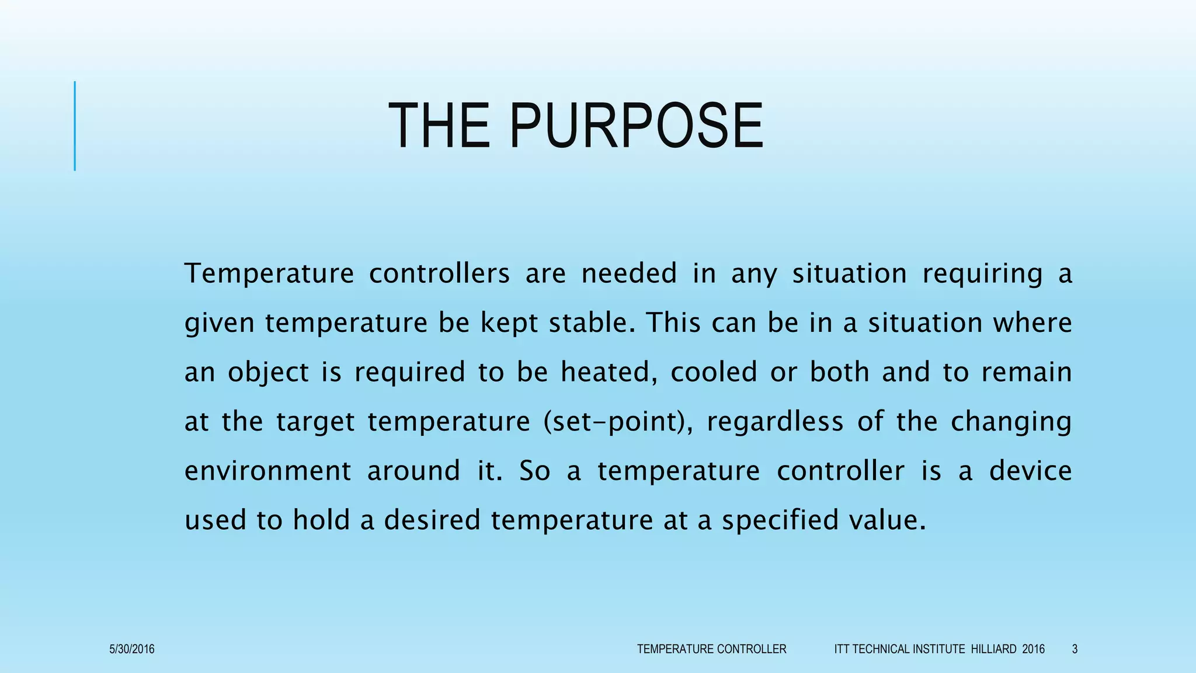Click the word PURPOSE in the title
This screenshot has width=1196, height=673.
[636, 126]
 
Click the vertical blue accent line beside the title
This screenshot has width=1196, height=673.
[75, 126]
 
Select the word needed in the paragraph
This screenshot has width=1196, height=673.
[629, 273]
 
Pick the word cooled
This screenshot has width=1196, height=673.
[714, 372]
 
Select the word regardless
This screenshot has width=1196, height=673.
[775, 421]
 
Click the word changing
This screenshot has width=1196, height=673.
[1011, 422]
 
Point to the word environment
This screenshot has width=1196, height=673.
[268, 471]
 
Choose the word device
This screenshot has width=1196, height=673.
[1030, 471]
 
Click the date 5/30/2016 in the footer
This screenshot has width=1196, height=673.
[132, 649]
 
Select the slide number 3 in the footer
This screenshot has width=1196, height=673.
[1075, 649]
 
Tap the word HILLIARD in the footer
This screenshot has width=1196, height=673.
[993, 649]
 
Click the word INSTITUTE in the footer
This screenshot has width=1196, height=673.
[938, 649]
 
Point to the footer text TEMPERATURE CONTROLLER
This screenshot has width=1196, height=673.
[711, 649]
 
